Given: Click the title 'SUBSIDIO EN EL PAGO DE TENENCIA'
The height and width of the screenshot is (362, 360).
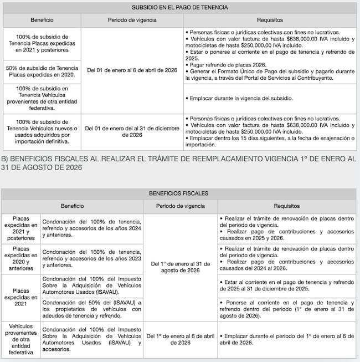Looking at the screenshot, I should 179,8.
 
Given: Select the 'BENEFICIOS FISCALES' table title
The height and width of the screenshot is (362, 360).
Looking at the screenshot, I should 178,193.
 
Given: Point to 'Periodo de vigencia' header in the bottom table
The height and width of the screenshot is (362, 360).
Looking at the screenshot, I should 180,205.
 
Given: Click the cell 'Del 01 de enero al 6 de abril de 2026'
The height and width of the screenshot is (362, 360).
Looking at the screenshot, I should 132,71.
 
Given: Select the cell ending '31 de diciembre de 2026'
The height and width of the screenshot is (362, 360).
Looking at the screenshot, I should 132,131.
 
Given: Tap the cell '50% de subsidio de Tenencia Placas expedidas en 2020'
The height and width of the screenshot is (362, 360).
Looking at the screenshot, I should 42,72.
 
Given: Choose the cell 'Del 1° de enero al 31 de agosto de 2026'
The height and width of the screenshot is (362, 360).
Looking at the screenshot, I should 180,267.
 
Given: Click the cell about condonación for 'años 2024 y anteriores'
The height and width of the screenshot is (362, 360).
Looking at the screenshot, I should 92,228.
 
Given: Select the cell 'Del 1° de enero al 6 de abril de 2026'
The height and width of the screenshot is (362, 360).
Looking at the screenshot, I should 180,339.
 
